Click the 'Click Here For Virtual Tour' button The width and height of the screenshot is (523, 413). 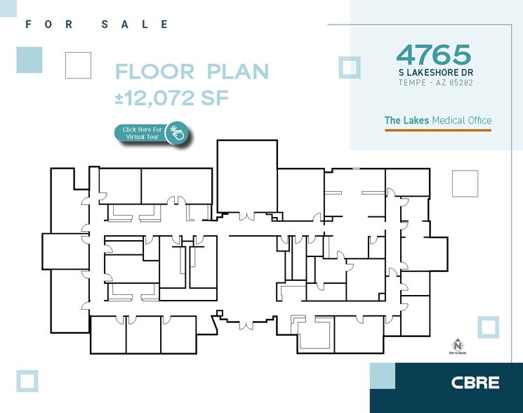(x=144, y=133)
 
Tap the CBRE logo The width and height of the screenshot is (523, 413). (x=475, y=383)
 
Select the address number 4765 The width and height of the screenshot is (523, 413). (x=432, y=55)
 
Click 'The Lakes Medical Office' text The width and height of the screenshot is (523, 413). (x=437, y=121)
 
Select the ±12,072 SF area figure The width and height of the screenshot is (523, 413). (x=172, y=98)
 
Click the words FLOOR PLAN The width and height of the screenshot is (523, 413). (x=192, y=72)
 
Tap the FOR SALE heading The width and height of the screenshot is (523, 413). (x=97, y=25)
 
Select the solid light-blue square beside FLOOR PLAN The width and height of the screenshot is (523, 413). (x=29, y=60)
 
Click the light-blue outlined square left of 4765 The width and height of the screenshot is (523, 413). (x=349, y=67)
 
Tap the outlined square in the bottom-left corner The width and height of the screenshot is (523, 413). (x=28, y=381)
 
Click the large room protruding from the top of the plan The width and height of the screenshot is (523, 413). (x=246, y=176)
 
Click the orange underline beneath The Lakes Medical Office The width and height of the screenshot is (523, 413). (x=437, y=129)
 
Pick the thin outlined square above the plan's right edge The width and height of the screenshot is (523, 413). (x=465, y=183)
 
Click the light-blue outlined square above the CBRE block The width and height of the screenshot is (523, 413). (x=488, y=327)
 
